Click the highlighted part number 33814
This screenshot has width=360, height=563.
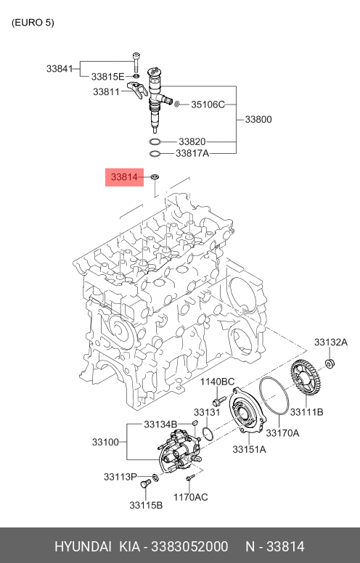[124, 177]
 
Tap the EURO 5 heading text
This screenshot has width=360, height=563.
[33, 22]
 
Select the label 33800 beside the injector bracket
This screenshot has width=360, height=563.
[258, 119]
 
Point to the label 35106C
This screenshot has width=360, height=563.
[208, 104]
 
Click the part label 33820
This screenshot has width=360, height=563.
[192, 141]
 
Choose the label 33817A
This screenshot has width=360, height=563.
[192, 153]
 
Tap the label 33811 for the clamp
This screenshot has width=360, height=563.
[107, 91]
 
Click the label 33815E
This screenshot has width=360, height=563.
[107, 76]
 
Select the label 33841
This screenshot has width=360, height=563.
[60, 68]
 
